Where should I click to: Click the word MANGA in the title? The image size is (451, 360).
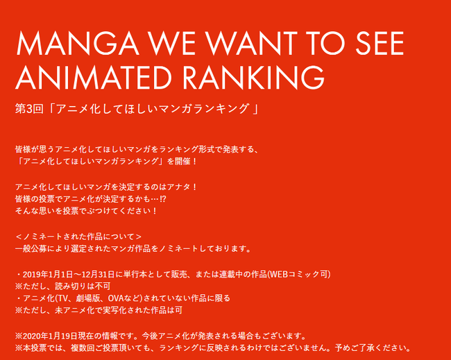78,43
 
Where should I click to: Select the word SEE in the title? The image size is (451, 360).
380,43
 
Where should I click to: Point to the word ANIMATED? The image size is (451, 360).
94,77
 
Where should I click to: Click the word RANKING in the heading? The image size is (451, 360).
253,77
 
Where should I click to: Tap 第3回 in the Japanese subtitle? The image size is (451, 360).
29,109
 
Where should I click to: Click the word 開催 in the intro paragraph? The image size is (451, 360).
182,162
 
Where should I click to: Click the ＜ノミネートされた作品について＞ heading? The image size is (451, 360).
78,237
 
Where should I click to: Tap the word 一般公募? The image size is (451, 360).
31,248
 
